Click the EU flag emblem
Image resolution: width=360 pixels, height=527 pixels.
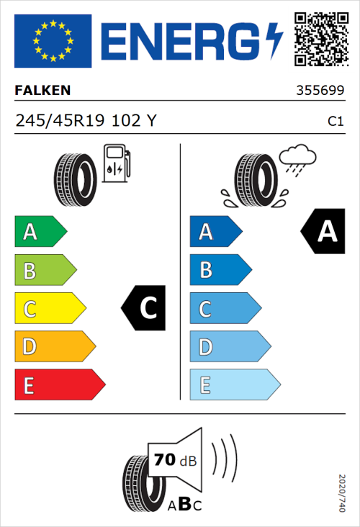tap(53, 41)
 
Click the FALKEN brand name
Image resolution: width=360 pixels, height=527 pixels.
tap(43, 91)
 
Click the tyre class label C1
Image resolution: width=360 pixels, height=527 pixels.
tap(335, 122)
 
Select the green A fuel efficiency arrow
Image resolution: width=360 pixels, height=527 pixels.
tap(40, 232)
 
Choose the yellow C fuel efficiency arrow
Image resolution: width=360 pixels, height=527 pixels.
tap(49, 309)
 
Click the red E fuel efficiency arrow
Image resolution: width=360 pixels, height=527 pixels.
tap(59, 385)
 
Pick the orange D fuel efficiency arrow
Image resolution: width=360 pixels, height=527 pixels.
tap(54, 347)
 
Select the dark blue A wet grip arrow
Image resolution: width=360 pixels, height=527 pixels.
tap(215, 232)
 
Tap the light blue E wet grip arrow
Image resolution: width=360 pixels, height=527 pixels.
tap(234, 385)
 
